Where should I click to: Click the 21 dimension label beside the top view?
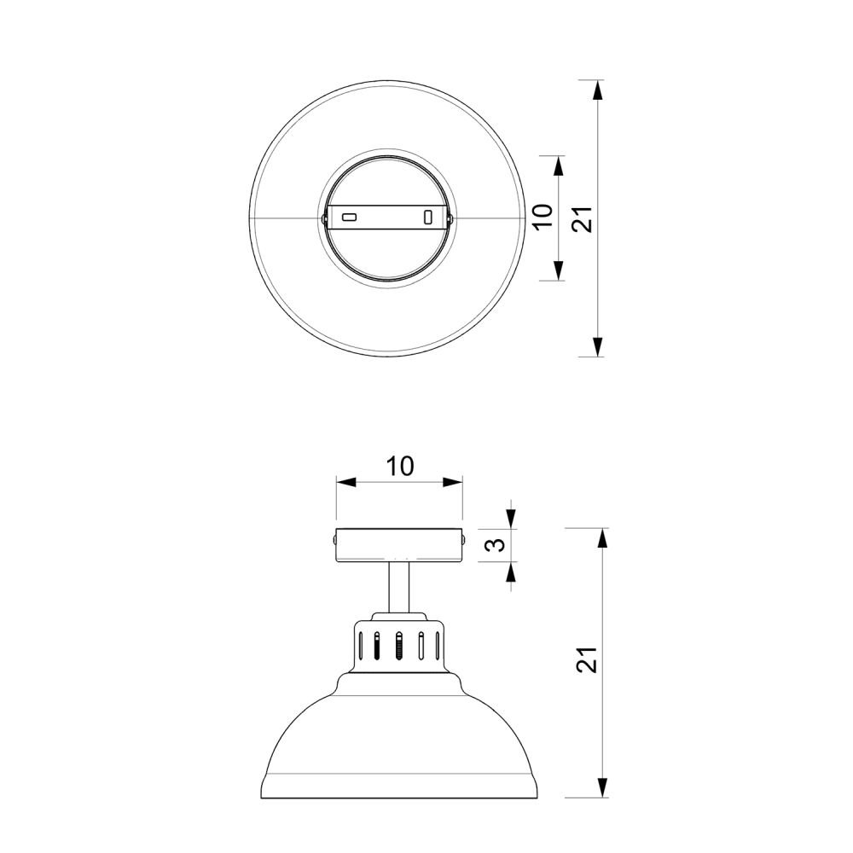pyautogui.click(x=582, y=219)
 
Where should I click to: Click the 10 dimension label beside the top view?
pyautogui.click(x=543, y=217)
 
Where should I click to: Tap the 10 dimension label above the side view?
pyautogui.click(x=400, y=467)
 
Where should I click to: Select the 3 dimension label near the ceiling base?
pyautogui.click(x=497, y=544)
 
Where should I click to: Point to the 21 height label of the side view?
pyautogui.click(x=587, y=660)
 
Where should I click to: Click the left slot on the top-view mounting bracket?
pyautogui.click(x=349, y=218)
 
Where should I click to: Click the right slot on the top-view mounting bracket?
pyautogui.click(x=428, y=217)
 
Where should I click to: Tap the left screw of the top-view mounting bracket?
pyautogui.click(x=324, y=218)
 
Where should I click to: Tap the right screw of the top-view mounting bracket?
pyautogui.click(x=450, y=218)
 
